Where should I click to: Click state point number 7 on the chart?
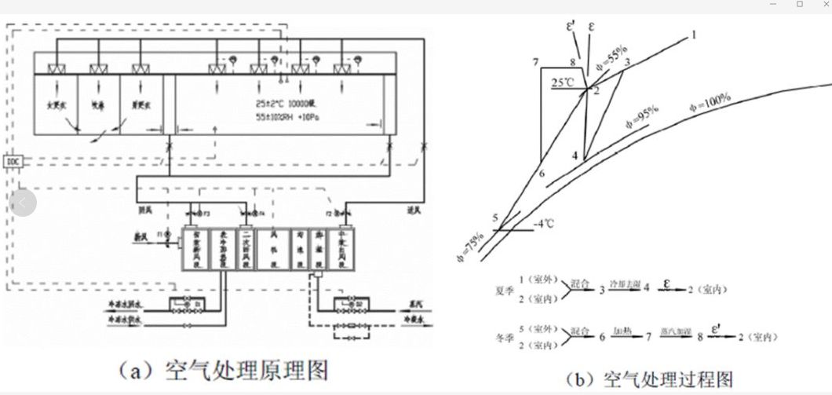(x=535, y=62)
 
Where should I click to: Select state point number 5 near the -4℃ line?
(x=495, y=218)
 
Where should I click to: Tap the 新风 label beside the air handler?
(x=137, y=234)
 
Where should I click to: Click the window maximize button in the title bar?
(x=800, y=5)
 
